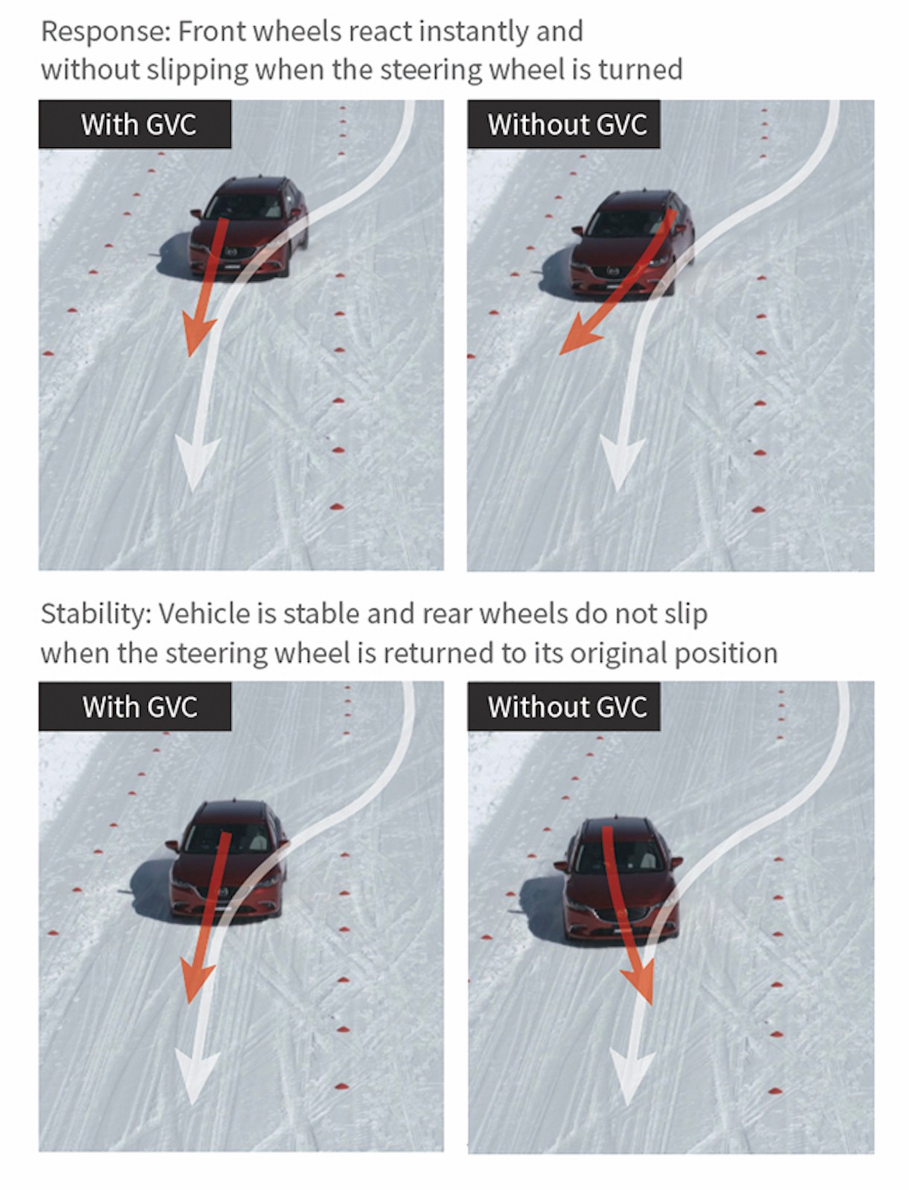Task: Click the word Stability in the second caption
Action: click(96, 614)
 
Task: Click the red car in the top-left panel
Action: click(248, 227)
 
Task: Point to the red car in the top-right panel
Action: click(632, 243)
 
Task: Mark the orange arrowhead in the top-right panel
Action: click(579, 336)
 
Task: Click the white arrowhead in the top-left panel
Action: click(197, 463)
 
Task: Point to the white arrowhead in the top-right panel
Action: click(622, 463)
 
